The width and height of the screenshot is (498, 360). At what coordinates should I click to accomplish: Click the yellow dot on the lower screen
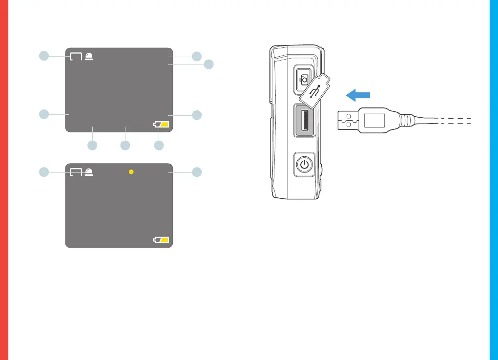[x=131, y=172]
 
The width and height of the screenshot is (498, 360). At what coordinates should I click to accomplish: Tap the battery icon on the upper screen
[x=161, y=125]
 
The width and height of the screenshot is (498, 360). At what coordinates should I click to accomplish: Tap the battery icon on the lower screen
[x=161, y=240]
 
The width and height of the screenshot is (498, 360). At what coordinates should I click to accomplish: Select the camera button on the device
[x=304, y=79]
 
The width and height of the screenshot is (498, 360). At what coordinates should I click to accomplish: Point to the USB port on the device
[x=305, y=120]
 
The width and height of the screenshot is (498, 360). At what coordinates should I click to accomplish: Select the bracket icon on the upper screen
[x=76, y=56]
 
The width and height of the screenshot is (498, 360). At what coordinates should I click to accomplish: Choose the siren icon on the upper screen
[x=88, y=56]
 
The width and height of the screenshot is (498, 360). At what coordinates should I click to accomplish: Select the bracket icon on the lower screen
[x=76, y=172]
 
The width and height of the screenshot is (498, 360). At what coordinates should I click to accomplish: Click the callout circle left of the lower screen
[x=44, y=171]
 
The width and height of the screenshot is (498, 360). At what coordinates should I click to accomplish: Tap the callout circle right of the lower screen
[x=197, y=172]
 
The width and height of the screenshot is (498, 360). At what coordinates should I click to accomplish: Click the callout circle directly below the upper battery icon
[x=159, y=145]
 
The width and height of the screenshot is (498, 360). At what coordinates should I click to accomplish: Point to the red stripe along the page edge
[x=4, y=180]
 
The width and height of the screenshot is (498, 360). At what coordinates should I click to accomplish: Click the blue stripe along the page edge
[x=494, y=180]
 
